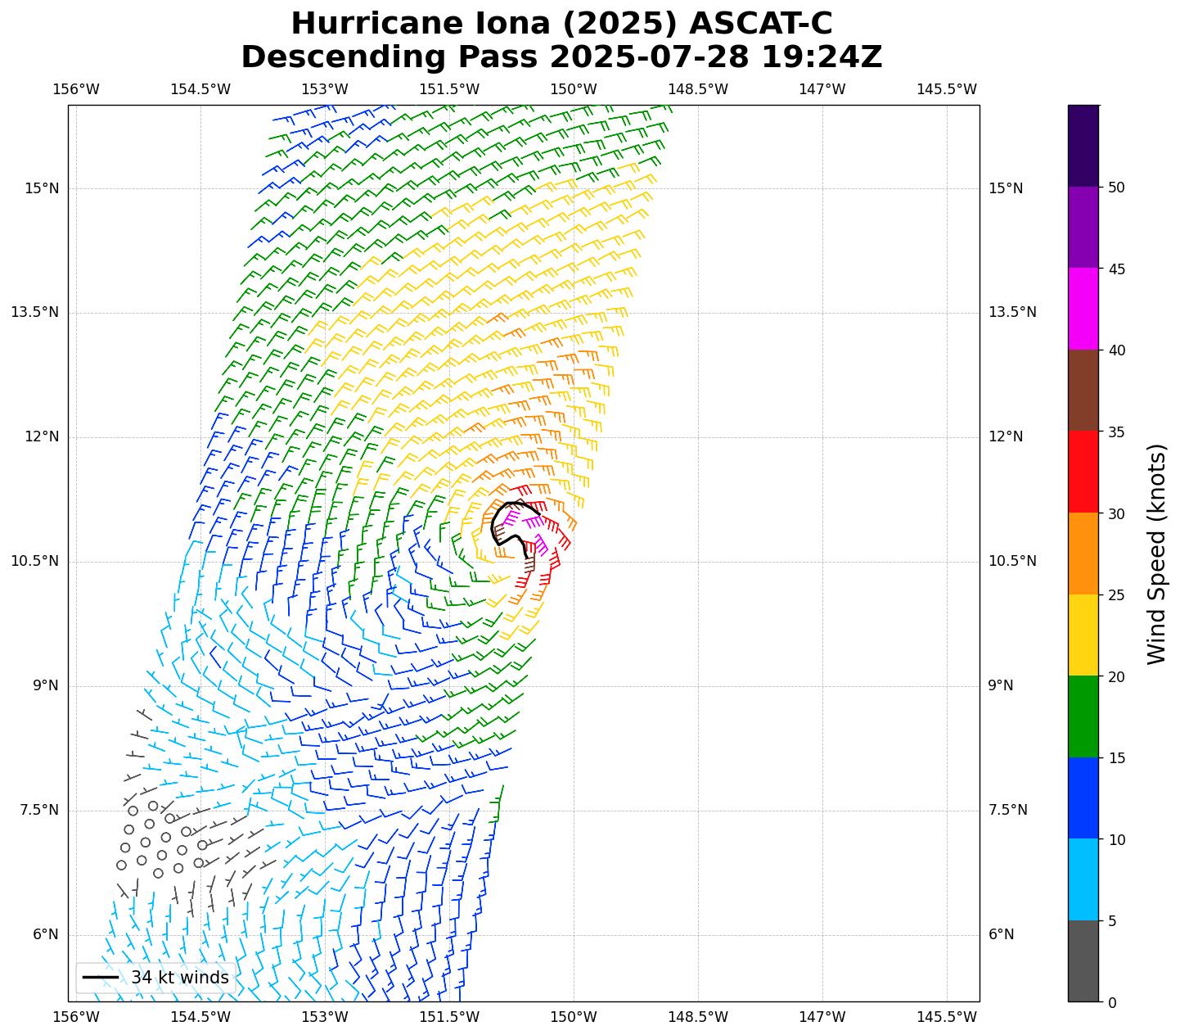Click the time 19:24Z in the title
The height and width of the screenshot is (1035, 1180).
[x=822, y=57]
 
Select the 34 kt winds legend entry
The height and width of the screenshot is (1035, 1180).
[x=155, y=978]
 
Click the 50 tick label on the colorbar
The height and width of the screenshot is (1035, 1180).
[x=1112, y=188]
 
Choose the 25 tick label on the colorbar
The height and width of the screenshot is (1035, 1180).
[x=1112, y=594]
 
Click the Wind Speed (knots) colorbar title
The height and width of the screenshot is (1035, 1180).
[x=1155, y=554]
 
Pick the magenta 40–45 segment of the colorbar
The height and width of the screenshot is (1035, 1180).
[x=1083, y=310]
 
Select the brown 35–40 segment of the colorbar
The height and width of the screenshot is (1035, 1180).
[x=1083, y=391]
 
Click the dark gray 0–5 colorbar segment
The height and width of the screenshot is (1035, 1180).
[x=1083, y=961]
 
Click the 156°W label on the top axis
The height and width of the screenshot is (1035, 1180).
[x=76, y=89]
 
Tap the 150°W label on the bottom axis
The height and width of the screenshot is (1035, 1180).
[x=574, y=1017]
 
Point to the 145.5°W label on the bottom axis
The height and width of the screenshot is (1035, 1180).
[x=947, y=1017]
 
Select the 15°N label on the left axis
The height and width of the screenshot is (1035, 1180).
[x=42, y=188]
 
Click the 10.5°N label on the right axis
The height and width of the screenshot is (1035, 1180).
[x=1012, y=561]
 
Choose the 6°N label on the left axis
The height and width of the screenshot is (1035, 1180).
[x=46, y=934]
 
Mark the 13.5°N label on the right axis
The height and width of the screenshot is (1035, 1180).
[x=1012, y=312]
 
